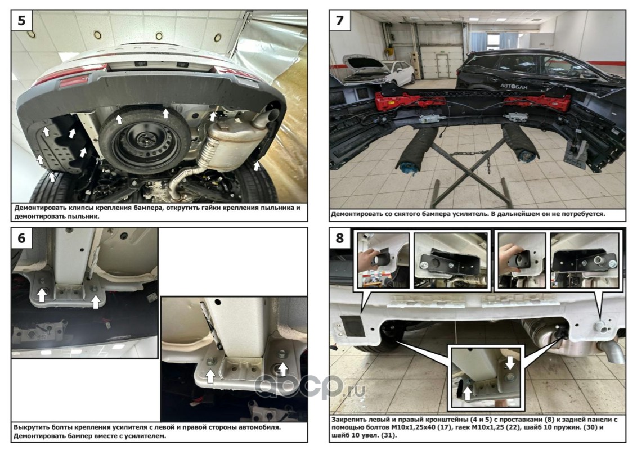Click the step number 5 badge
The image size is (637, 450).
tap(21, 20)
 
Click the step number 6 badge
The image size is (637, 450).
tap(21, 237)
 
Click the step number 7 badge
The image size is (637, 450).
tap(340, 20)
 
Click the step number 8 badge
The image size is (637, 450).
tap(340, 237)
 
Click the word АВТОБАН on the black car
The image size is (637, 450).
tap(514, 86)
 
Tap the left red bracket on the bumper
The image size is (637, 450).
tap(410, 102)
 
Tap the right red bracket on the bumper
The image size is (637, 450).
tap(539, 102)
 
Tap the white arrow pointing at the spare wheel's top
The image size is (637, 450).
tap(165, 113)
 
